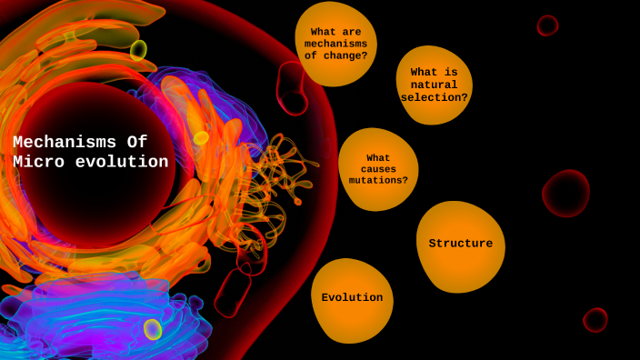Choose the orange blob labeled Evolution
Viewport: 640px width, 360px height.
(352, 298)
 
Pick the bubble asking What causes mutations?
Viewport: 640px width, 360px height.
(378, 169)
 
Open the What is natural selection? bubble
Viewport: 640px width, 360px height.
(435, 85)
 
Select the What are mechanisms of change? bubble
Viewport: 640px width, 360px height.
(335, 44)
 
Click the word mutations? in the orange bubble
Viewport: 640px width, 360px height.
(378, 181)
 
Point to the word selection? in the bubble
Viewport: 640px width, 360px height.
(435, 98)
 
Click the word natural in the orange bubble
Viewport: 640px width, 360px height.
(435, 85)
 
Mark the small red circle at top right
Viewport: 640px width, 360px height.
(547, 25)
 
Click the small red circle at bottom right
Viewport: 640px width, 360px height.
(595, 320)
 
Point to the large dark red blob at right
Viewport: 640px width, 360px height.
(566, 194)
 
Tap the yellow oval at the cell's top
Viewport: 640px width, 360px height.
(138, 50)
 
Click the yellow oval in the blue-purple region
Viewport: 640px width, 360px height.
(153, 329)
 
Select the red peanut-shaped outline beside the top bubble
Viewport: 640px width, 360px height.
(291, 89)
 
